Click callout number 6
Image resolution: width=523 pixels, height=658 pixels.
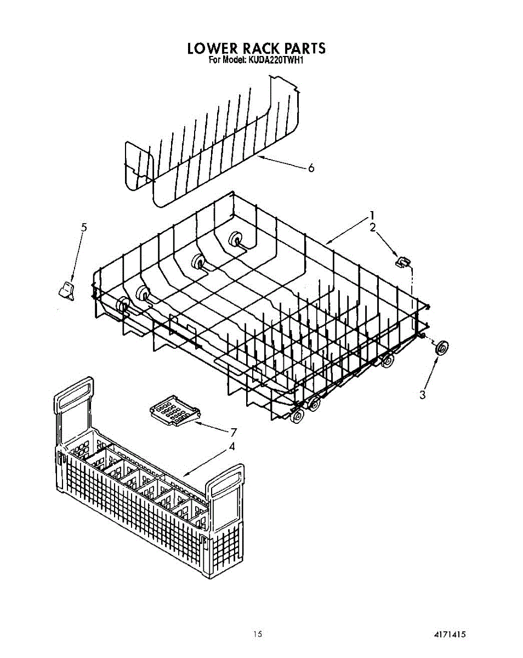(x=311, y=168)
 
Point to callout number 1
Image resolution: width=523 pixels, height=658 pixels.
(x=372, y=215)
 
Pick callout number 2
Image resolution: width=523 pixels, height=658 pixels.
(x=373, y=228)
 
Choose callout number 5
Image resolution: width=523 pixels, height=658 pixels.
(x=84, y=227)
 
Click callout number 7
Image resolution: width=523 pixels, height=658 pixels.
(x=234, y=432)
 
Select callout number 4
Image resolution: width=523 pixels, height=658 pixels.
(x=232, y=446)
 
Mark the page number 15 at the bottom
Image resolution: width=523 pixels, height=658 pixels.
(x=258, y=634)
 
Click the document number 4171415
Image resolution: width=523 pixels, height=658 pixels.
(x=450, y=634)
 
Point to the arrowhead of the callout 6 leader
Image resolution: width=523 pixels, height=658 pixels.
(x=260, y=157)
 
